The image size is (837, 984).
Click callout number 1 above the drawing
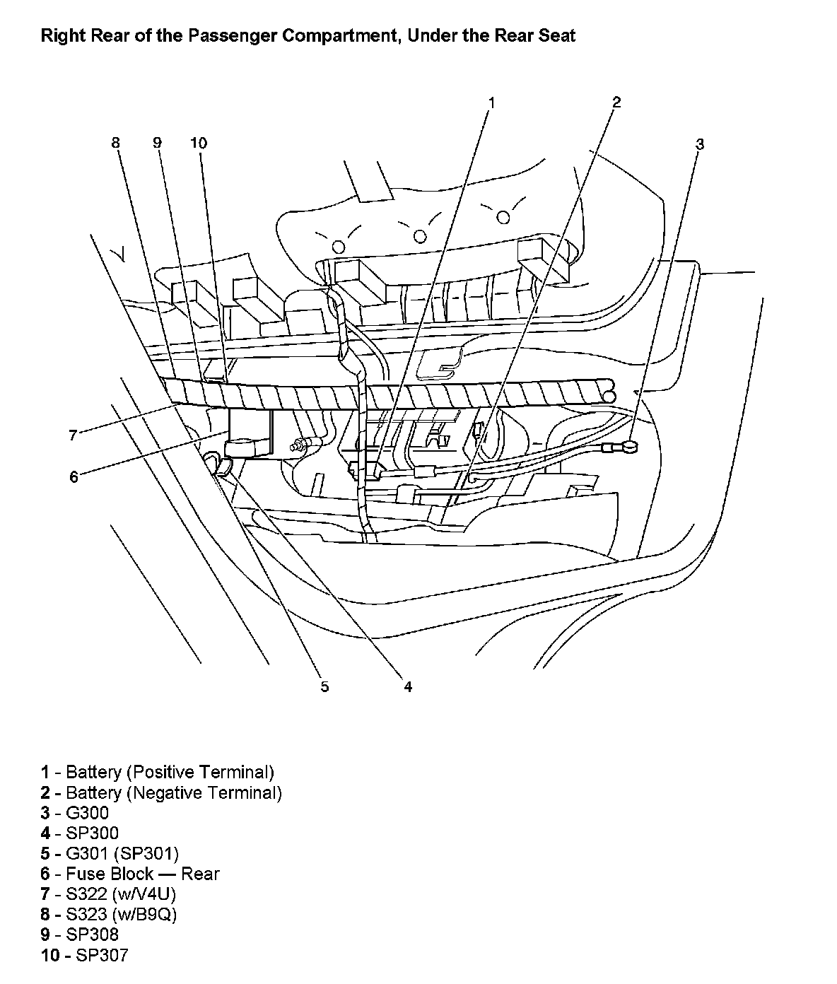[x=491, y=102]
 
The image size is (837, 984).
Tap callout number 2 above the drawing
[x=616, y=102]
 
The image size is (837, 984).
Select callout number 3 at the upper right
[x=699, y=144]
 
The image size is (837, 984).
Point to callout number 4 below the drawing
[x=408, y=686]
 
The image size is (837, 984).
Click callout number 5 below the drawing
[x=324, y=686]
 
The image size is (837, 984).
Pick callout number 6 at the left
[x=74, y=477]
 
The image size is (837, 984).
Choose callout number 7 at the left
[x=72, y=435]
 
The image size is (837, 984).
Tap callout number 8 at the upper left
[x=116, y=143]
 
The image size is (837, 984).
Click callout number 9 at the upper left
[x=157, y=143]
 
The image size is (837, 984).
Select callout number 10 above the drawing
[x=199, y=143]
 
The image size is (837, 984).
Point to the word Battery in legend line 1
[x=93, y=772]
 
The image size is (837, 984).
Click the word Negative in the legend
[x=164, y=792]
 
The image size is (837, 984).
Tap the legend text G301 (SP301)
[x=122, y=853]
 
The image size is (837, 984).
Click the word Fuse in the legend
[x=85, y=874]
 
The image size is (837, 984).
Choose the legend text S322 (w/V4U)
[x=121, y=894]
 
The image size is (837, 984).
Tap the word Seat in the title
[x=558, y=35]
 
